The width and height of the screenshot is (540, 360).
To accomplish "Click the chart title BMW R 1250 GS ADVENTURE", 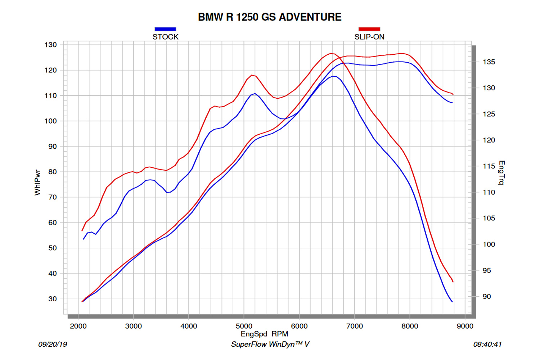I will pyautogui.click(x=270, y=17).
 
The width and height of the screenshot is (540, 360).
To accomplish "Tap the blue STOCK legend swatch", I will pyautogui.click(x=165, y=29).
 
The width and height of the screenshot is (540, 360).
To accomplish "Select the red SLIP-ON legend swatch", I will pyautogui.click(x=369, y=29).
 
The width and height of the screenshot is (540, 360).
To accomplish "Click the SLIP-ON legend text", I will pyautogui.click(x=369, y=37).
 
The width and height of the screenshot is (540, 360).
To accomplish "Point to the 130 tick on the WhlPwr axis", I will pyautogui.click(x=51, y=45).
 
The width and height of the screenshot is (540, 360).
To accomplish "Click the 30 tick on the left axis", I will pyautogui.click(x=53, y=299).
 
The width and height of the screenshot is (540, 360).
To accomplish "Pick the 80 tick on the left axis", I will pyautogui.click(x=53, y=172).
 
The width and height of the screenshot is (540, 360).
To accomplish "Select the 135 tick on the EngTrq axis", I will pyautogui.click(x=489, y=62).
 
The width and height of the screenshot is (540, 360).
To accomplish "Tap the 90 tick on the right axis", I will pyautogui.click(x=487, y=297).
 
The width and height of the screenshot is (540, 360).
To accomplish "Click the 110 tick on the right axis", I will pyautogui.click(x=489, y=192).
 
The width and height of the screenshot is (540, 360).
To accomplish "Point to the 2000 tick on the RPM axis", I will pyautogui.click(x=78, y=326).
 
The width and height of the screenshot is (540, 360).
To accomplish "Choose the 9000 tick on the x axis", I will pyautogui.click(x=465, y=326).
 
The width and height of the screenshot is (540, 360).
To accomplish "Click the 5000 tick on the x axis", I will pyautogui.click(x=244, y=326).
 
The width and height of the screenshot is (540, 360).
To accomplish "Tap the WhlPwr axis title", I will pyautogui.click(x=37, y=183).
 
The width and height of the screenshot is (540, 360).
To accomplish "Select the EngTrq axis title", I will pyautogui.click(x=501, y=173).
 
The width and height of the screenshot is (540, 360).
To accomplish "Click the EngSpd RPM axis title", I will pyautogui.click(x=264, y=334).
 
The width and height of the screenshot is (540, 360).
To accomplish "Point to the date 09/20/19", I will pyautogui.click(x=53, y=345).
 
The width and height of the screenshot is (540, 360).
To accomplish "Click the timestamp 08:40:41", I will pyautogui.click(x=487, y=345).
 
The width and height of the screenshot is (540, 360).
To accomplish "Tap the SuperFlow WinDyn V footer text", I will pyautogui.click(x=270, y=345).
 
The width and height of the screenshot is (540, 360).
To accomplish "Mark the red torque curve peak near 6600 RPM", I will pyautogui.click(x=331, y=53).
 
